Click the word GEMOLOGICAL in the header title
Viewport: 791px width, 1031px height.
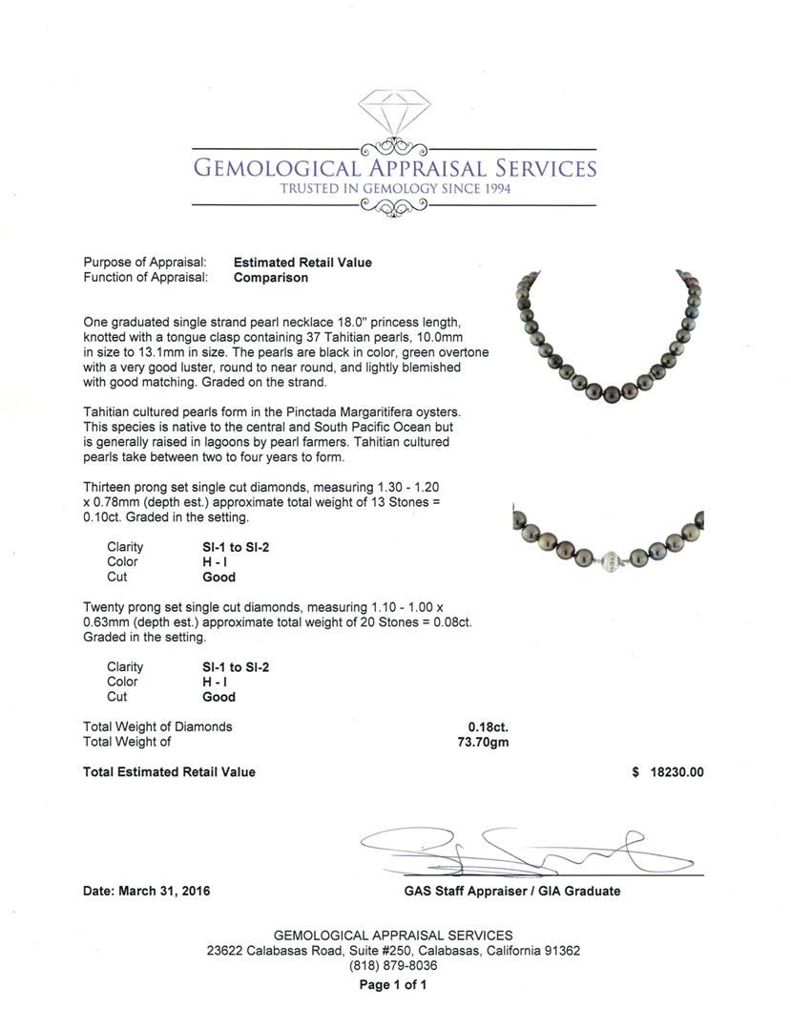(278, 169)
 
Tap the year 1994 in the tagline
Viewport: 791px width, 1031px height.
(489, 189)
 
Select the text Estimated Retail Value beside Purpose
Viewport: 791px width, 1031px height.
(302, 263)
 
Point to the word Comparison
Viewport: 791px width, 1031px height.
(271, 278)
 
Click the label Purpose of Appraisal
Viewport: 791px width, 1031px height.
(145, 263)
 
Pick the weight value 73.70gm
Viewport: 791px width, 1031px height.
(483, 742)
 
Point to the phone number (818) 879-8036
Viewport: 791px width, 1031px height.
(393, 966)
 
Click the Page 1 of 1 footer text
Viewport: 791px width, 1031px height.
(393, 985)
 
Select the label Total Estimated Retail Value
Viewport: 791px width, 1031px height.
(169, 772)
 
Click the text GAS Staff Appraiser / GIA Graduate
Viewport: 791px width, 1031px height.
(511, 891)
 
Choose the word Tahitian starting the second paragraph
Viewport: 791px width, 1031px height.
(107, 411)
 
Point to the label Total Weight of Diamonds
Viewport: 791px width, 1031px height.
(157, 726)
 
